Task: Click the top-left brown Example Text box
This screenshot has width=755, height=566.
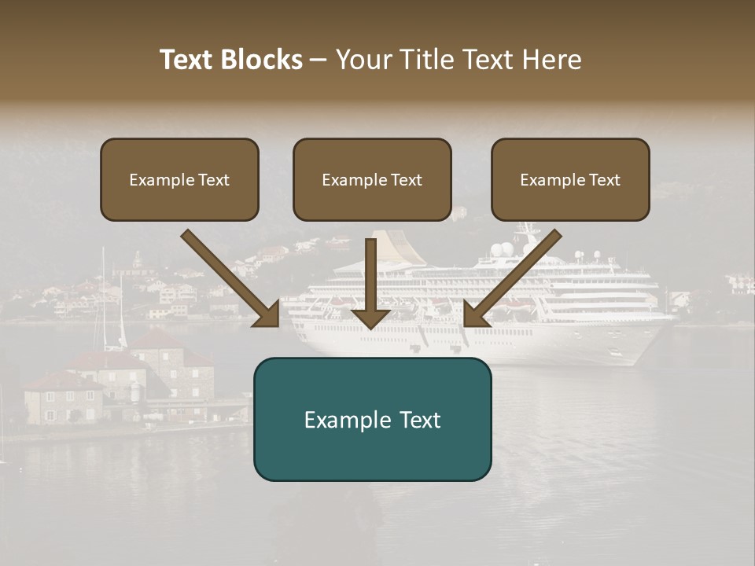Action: pos(179,179)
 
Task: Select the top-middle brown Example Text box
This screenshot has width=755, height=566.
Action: pos(372,179)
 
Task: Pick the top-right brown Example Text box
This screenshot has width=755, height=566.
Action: pos(570,179)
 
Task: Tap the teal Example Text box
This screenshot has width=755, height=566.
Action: pos(372,419)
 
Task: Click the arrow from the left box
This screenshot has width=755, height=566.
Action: pos(231,278)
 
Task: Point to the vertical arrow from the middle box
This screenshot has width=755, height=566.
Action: pos(370,283)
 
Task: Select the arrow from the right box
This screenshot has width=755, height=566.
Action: pos(512,278)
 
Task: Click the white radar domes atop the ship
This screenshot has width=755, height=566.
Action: pos(502,250)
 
